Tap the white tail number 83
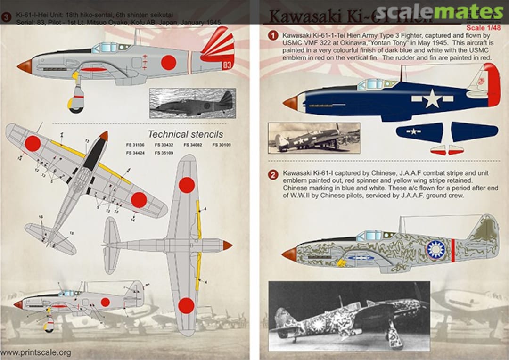[227, 65]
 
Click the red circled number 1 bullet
[272, 36]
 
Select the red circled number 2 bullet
[272, 175]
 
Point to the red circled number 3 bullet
[6, 17]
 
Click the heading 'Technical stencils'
[185, 134]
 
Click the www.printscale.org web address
[36, 352]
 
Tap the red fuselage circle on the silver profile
[168, 62]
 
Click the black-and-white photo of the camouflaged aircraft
[349, 316]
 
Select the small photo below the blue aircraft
[313, 138]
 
